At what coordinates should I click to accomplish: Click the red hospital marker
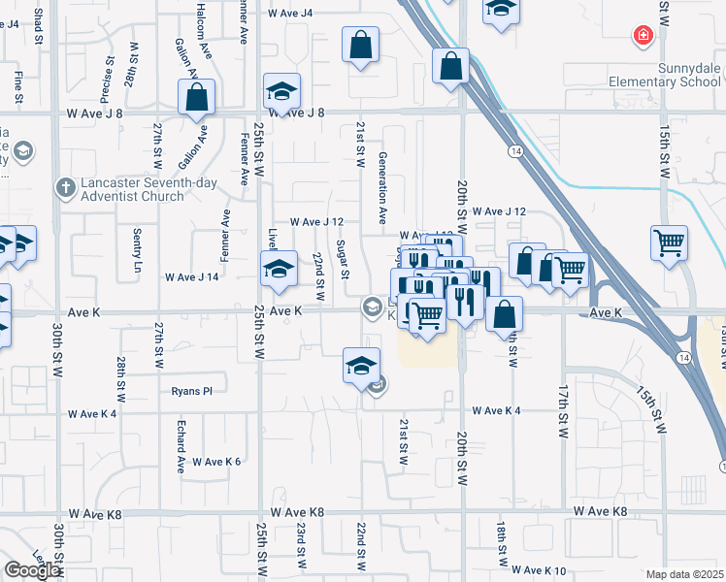point(643,38)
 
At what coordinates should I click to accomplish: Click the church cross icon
point(65,187)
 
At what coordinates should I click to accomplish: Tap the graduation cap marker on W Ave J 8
point(281,92)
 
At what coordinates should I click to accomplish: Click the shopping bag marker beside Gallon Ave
point(196,98)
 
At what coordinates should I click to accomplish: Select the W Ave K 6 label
point(215,462)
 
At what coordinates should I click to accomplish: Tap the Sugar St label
point(344,259)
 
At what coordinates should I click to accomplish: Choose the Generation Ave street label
point(383,183)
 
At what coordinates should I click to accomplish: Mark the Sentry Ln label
point(136,249)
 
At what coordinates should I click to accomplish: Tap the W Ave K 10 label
point(539,570)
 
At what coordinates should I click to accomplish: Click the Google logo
point(33,571)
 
